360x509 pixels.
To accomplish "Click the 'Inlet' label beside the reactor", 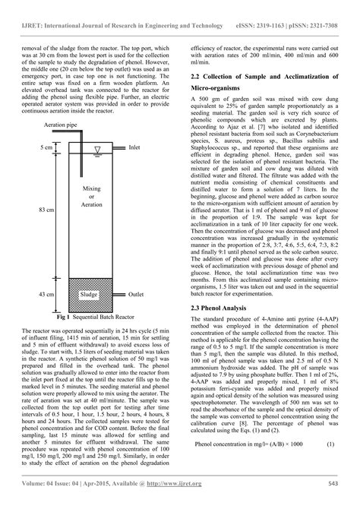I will tap(134, 148).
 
